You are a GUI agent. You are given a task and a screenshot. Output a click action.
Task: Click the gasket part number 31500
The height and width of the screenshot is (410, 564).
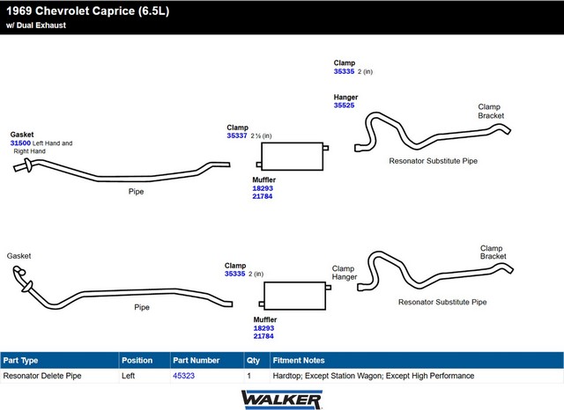20,143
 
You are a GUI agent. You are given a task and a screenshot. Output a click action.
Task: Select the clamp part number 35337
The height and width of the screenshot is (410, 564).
237,135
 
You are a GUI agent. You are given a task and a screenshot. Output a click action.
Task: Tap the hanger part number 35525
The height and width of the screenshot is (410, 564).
345,106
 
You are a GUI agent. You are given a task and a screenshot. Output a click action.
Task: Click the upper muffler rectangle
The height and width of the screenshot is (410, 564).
293,157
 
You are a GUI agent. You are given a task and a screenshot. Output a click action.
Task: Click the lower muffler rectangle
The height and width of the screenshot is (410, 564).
295,296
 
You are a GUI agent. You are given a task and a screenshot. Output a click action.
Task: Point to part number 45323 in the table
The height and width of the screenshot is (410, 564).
184,376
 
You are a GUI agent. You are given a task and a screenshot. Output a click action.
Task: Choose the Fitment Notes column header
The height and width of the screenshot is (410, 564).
299,360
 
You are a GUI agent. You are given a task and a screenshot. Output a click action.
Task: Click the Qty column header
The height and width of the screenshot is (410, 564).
253,360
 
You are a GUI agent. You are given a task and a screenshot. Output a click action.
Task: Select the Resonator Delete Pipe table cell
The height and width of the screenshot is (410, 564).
42,376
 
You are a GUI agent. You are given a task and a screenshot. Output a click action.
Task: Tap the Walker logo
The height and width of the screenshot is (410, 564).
282,399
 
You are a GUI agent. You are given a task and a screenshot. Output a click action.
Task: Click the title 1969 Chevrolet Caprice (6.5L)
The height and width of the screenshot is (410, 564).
88,11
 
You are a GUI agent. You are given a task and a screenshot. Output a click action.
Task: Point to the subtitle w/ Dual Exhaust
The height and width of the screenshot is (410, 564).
36,26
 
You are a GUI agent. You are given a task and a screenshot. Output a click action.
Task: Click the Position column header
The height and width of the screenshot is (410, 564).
137,360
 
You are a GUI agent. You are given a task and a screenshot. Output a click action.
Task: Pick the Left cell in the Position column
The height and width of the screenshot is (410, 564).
128,376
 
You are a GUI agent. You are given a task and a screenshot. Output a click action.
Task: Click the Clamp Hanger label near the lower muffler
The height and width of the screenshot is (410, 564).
345,273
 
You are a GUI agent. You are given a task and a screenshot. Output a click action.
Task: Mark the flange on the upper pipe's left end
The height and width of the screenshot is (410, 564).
27,166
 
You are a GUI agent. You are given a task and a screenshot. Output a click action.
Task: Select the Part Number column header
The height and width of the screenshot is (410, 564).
196,360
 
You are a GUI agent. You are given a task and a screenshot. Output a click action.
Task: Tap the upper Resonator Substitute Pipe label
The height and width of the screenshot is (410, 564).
433,161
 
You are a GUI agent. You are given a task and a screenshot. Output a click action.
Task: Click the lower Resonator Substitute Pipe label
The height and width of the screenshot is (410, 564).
442,302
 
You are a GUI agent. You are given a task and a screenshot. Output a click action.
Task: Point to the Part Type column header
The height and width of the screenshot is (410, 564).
20,360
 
